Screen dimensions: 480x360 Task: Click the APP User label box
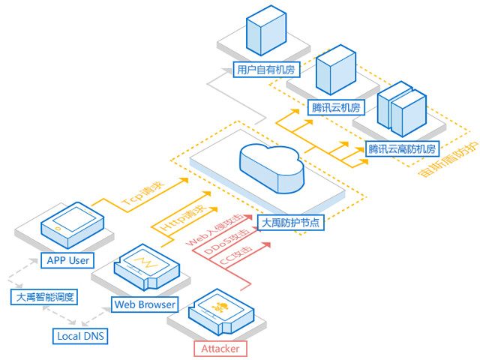pos(67,260)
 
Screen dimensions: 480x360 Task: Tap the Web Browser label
pos(145,304)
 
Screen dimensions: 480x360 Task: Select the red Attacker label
pos(220,349)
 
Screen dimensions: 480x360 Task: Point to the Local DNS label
pos(80,336)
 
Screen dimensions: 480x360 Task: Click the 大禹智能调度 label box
pos(44,297)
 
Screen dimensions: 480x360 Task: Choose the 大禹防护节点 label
pos(290,223)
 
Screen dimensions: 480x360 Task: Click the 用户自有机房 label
pos(266,70)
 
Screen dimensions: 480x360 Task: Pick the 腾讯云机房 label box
pos(336,107)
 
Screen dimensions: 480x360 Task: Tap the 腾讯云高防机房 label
pos(402,149)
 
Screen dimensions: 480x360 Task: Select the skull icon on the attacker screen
pos(220,307)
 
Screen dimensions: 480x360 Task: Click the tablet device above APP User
pos(73,225)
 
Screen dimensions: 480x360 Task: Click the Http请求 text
pos(183,217)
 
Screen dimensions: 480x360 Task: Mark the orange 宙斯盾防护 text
pos(448,160)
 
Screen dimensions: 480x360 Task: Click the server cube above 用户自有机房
pos(266,30)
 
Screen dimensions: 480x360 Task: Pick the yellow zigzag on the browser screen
pos(145,263)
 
